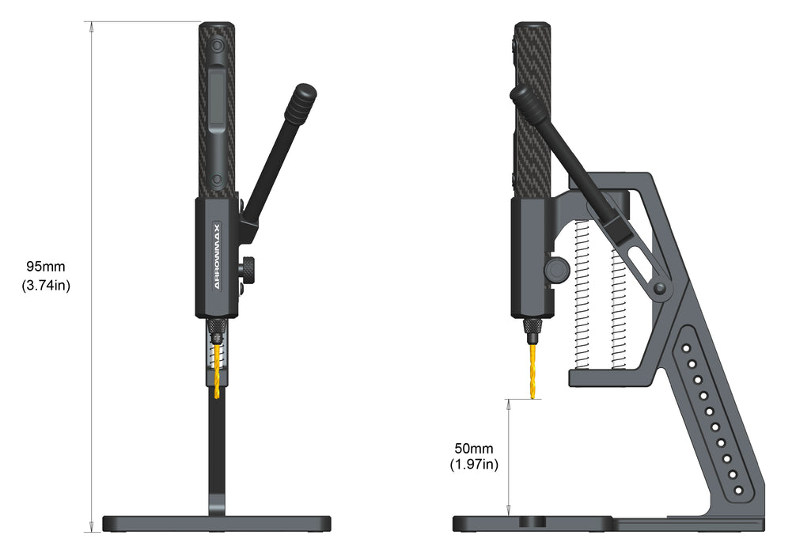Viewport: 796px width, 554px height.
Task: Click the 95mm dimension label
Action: point(46,266)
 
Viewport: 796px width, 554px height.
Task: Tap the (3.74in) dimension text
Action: point(46,286)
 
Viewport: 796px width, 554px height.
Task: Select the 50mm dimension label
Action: point(474,449)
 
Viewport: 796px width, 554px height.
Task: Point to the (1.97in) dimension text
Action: point(474,464)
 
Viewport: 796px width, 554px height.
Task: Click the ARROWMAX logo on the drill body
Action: point(217,256)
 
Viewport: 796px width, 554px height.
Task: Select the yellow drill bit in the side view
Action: point(533,371)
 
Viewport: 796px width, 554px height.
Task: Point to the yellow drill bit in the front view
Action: point(218,370)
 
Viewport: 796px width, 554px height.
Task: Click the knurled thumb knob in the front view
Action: point(247,266)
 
